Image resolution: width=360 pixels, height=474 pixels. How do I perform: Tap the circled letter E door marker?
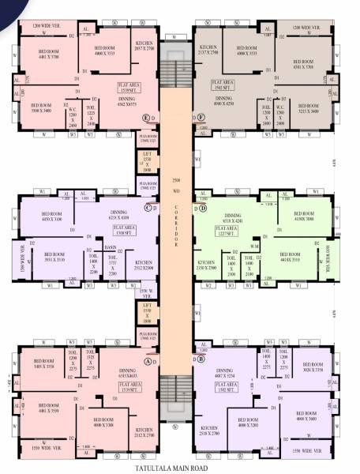pyautogui.click(x=146, y=118)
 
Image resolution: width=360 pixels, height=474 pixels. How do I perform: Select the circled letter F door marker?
pyautogui.click(x=202, y=118)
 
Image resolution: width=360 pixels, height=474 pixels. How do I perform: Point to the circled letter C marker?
pyautogui.click(x=147, y=208)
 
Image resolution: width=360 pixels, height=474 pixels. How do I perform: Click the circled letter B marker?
pyautogui.click(x=202, y=358)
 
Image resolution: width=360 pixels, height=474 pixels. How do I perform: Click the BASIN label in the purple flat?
pyautogui.click(x=112, y=246)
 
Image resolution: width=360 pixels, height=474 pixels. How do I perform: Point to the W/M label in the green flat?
pyautogui.click(x=254, y=246)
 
